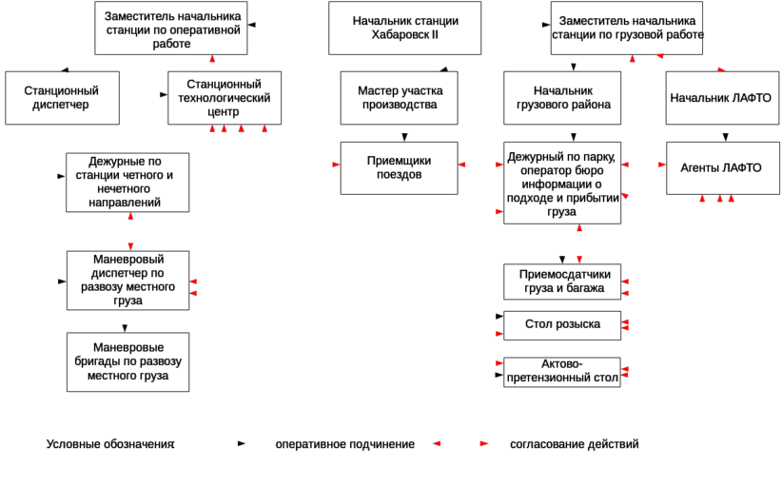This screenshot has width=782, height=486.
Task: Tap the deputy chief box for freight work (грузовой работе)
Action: pyautogui.click(x=629, y=25)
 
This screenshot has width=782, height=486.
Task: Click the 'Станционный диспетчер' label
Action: pyautogui.click(x=60, y=97)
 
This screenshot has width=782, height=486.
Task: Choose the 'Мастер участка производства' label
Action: pyautogui.click(x=401, y=97)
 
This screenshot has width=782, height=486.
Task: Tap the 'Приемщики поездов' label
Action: pyautogui.click(x=399, y=168)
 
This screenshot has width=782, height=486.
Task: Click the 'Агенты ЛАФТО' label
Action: pyautogui.click(x=720, y=167)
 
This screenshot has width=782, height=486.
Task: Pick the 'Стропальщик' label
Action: pyautogui.click(x=562, y=325)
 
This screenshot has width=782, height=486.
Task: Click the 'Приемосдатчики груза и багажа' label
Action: pyautogui.click(x=565, y=282)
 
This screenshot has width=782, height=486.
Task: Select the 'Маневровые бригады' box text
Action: pyautogui.click(x=132, y=360)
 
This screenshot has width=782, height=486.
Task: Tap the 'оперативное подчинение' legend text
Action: pyautogui.click(x=344, y=444)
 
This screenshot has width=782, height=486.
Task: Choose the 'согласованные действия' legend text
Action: pyautogui.click(x=575, y=444)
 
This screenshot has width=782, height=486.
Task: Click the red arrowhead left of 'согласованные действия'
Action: pyautogui.click(x=483, y=444)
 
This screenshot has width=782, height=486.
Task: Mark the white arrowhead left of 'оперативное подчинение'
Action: pyautogui.click(x=243, y=444)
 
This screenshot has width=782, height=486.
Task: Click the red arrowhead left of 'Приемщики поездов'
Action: pyautogui.click(x=335, y=165)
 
